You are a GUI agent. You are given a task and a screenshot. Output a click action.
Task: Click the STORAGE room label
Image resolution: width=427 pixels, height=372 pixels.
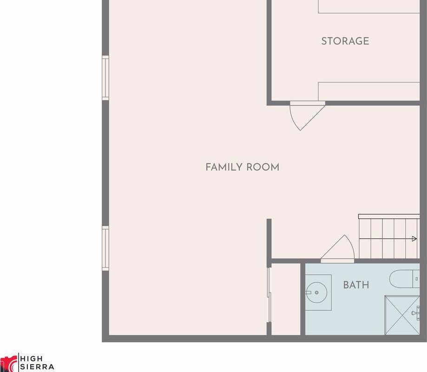pyautogui.click(x=345, y=41)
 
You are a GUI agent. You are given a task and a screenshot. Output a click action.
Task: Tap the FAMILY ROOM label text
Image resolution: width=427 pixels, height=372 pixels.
pyautogui.click(x=243, y=167)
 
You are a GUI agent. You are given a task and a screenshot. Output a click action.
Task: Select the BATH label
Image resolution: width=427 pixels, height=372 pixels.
pyautogui.click(x=356, y=285)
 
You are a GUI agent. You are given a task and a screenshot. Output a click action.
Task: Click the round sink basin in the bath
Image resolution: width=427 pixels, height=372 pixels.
pyautogui.click(x=316, y=292)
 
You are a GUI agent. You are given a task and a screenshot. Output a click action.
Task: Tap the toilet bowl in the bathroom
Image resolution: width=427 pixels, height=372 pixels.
pyautogui.click(x=401, y=278)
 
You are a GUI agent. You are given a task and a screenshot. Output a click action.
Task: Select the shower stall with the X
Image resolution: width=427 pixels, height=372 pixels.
pyautogui.click(x=402, y=315)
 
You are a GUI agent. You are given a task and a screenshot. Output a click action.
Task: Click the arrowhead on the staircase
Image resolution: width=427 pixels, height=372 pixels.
pyautogui.click(x=414, y=239)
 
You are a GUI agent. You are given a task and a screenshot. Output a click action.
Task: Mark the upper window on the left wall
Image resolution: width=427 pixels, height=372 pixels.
pyautogui.click(x=105, y=78)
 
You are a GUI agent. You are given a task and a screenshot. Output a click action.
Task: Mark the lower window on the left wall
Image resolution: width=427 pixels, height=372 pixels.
pyautogui.click(x=105, y=248)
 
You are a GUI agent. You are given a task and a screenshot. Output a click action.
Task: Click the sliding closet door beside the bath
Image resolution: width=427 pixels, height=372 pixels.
pyautogui.click(x=269, y=295)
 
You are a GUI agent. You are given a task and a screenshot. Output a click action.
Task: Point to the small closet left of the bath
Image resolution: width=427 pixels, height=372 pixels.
pyautogui.click(x=286, y=299)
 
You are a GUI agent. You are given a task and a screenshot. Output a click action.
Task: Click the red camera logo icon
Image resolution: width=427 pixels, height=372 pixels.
pyautogui.click(x=8, y=363)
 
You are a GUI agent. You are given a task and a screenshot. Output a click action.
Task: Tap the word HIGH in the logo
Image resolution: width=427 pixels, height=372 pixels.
pyautogui.click(x=31, y=359)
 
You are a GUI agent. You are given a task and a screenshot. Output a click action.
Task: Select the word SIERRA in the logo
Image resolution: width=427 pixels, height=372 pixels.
pyautogui.click(x=37, y=367)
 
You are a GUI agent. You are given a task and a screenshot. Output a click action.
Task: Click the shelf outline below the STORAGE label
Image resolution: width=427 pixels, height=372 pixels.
pyautogui.click(x=369, y=91)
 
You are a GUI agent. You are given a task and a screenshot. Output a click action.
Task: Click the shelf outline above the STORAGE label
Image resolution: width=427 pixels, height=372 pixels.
pyautogui.click(x=369, y=7)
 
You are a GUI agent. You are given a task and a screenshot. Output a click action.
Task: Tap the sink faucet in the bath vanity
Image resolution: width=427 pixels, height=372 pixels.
pyautogui.click(x=309, y=292)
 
